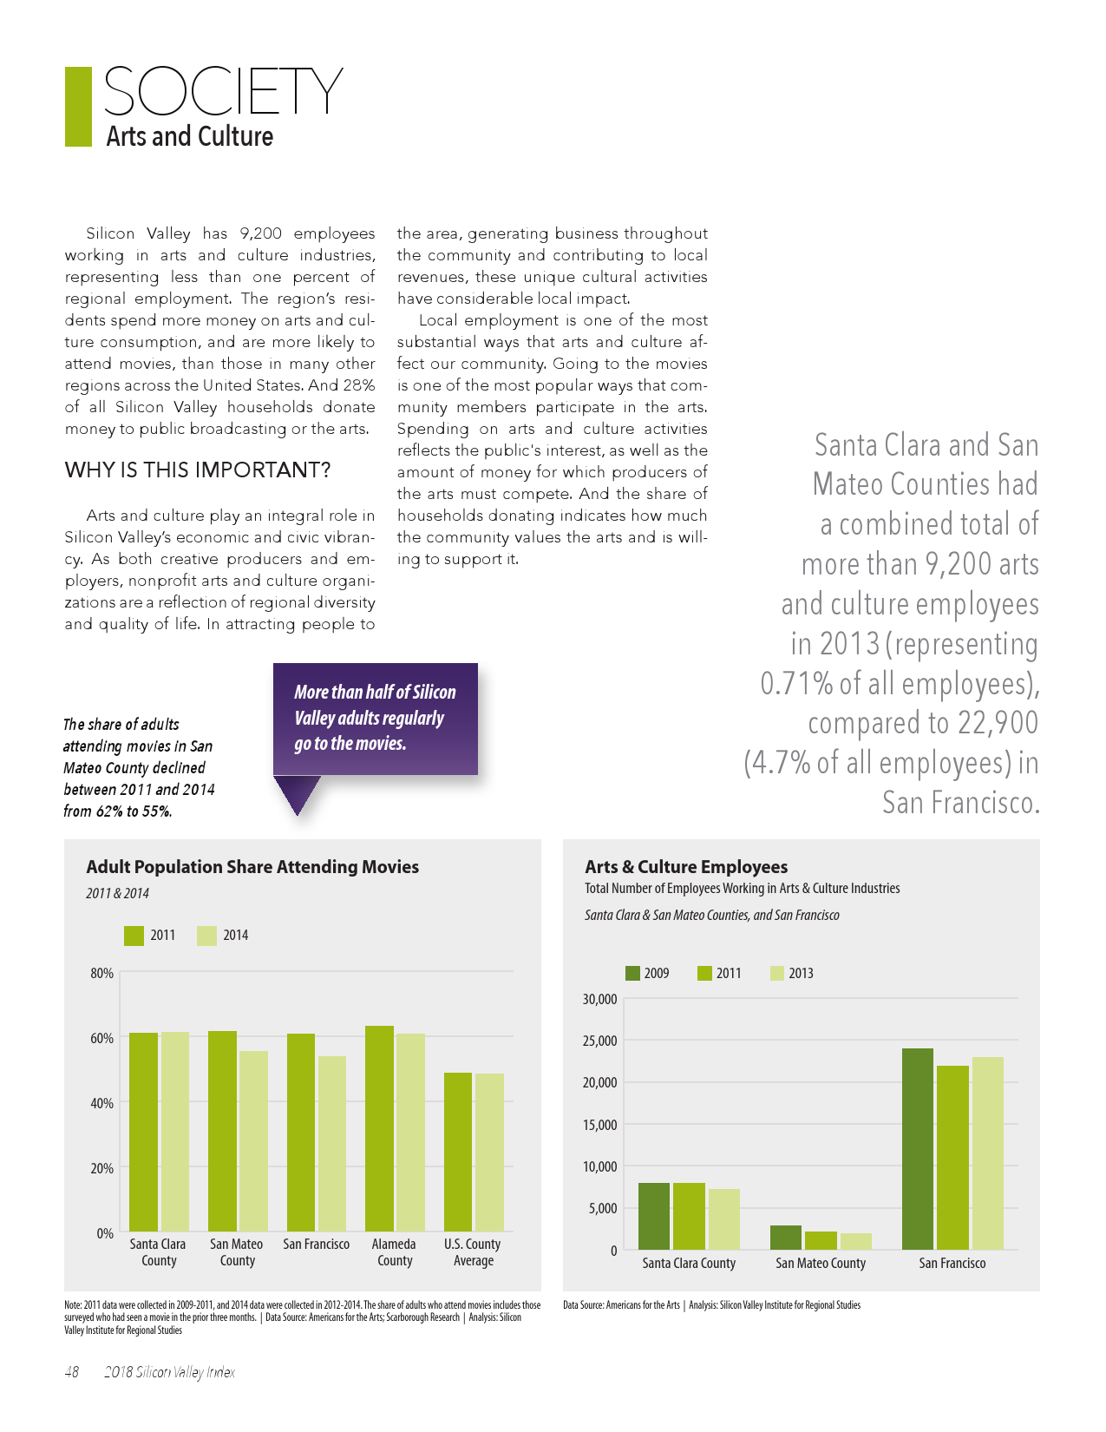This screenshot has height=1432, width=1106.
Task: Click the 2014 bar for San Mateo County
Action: pos(253,1140)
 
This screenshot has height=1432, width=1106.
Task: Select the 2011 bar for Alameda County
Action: pos(379,1128)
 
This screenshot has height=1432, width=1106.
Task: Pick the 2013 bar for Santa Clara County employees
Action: pos(724,1219)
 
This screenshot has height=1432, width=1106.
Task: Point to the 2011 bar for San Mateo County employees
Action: pos(821,1240)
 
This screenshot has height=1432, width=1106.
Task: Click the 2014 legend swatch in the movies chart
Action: pos(206,936)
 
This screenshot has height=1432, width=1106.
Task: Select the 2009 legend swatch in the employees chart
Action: pos(632,973)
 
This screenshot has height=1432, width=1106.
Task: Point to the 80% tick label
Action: pos(102,973)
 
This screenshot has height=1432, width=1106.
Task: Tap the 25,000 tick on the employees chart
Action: pos(600,1041)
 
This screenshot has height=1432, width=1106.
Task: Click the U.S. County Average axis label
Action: pos(473,1251)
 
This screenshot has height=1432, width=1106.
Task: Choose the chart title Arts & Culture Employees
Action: pos(686,866)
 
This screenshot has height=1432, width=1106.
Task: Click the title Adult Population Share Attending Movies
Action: pos(252,866)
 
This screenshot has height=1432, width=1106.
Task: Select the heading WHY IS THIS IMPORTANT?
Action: pos(198,470)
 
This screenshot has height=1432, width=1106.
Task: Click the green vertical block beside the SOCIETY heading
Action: pos(78,107)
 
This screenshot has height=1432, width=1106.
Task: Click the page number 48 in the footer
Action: pos(72,1372)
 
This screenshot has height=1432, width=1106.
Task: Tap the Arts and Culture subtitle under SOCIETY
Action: pos(190,136)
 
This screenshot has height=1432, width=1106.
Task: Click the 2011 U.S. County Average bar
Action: pos(458,1152)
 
